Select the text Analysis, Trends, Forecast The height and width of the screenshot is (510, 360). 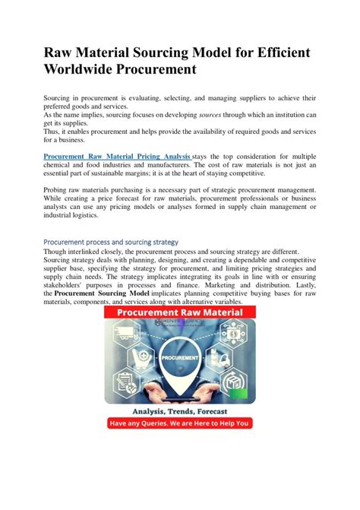(x=180, y=411)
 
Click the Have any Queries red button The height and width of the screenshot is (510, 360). (x=180, y=423)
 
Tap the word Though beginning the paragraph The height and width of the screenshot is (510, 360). (x=56, y=252)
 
